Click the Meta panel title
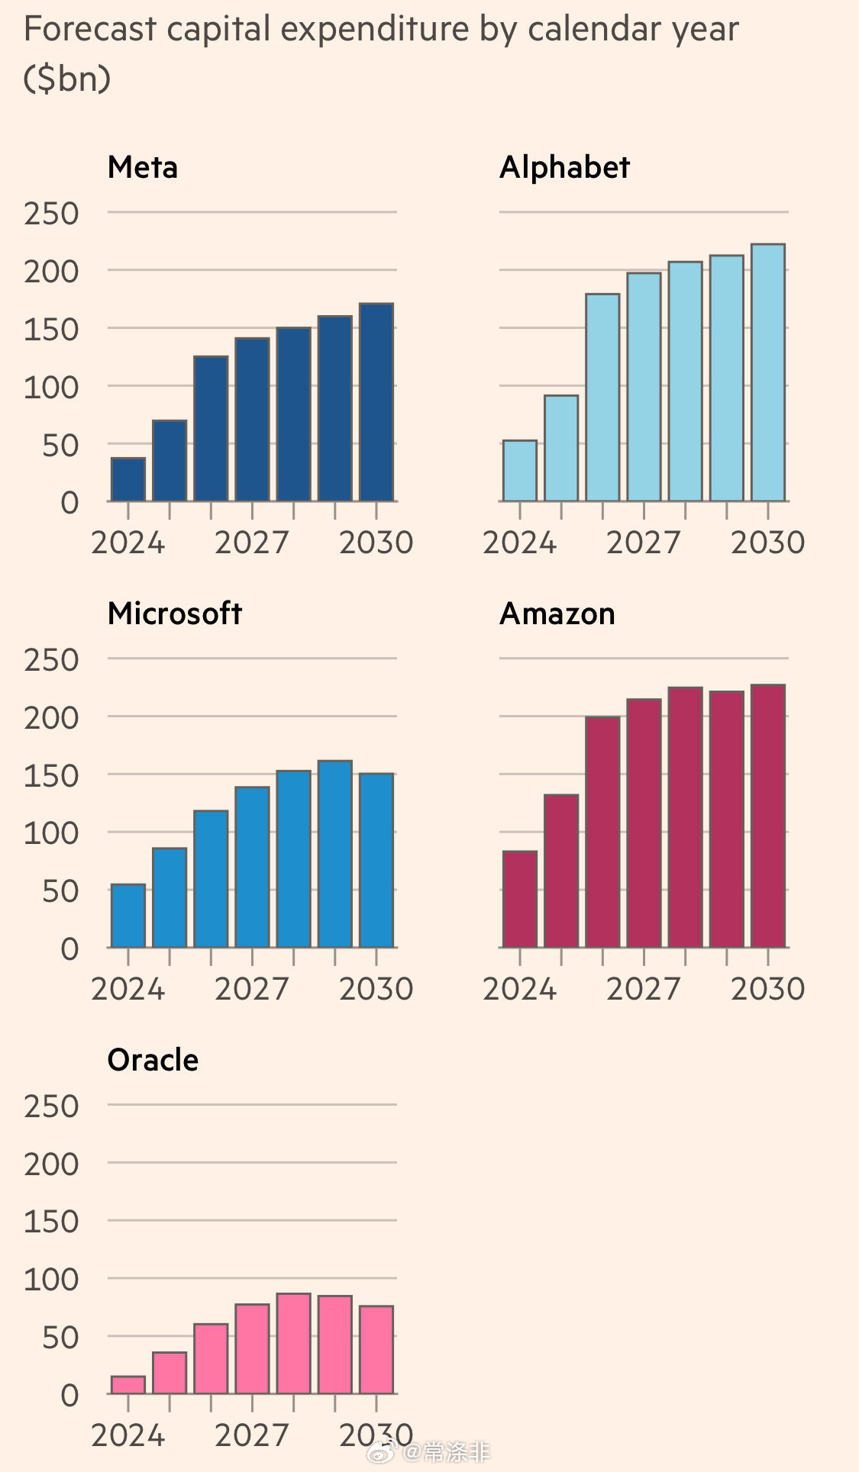[x=143, y=167]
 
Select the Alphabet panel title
[x=564, y=167]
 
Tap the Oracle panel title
[x=153, y=1060]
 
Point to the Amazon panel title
[x=557, y=614]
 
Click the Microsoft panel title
[x=174, y=614]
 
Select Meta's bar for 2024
[x=128, y=479]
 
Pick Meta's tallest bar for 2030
[x=376, y=402]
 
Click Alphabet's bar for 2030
[x=768, y=372]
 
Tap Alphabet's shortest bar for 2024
[x=520, y=471]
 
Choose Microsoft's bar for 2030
[x=376, y=860]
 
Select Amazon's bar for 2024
[x=520, y=899]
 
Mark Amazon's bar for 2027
[x=644, y=823]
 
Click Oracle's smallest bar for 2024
[x=128, y=1385]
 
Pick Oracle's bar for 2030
[x=376, y=1349]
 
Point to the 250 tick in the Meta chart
[x=51, y=214]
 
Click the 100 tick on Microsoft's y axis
[x=51, y=833]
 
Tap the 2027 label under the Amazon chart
[x=643, y=989]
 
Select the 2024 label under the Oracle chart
[x=128, y=1435]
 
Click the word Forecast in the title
[x=90, y=29]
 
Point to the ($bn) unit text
[x=67, y=79]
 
